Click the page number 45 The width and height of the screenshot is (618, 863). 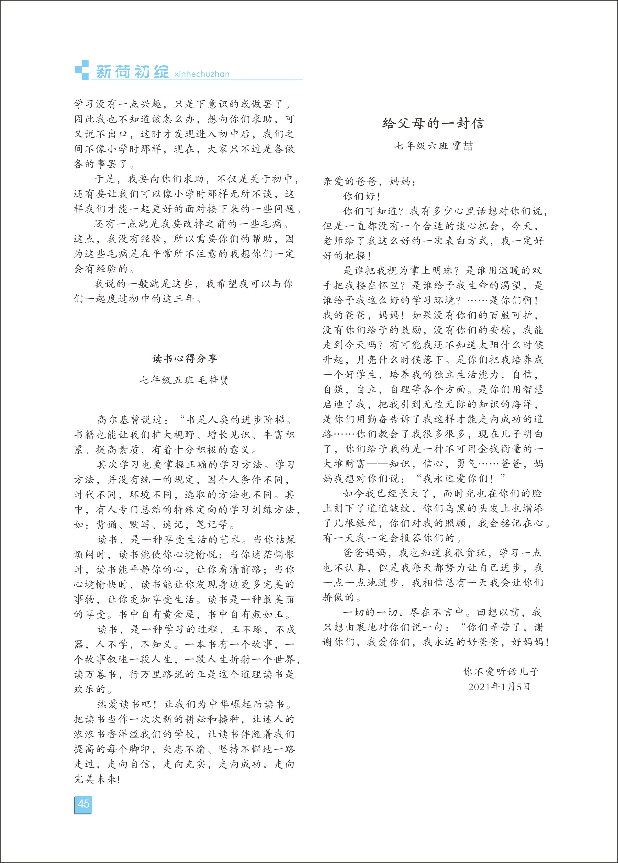pos(83,804)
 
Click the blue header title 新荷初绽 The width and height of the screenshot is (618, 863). pos(132,72)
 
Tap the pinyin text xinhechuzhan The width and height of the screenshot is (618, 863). pos(202,74)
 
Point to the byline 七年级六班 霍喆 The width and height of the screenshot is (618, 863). pos(433,146)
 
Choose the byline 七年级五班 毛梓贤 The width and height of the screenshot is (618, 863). pos(185,380)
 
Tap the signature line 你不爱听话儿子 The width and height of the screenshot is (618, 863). pos(501,672)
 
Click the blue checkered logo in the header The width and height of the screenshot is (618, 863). pos(82,70)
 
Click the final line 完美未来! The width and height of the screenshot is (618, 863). pos(97,779)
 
